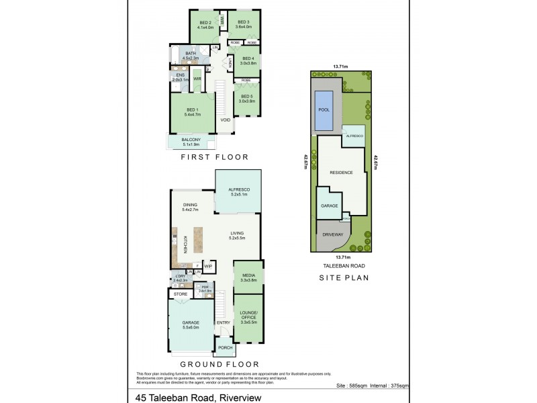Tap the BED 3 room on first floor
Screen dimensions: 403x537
[244, 25]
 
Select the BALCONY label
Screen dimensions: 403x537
[192, 141]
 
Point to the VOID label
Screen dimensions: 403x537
[226, 120]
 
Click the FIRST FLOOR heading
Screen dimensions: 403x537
[215, 157]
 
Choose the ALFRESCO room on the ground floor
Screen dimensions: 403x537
[238, 193]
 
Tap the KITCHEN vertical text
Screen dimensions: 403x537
[185, 244]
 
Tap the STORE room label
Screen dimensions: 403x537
[180, 294]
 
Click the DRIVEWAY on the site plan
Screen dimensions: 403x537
[332, 236]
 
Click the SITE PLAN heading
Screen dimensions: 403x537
[345, 277]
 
